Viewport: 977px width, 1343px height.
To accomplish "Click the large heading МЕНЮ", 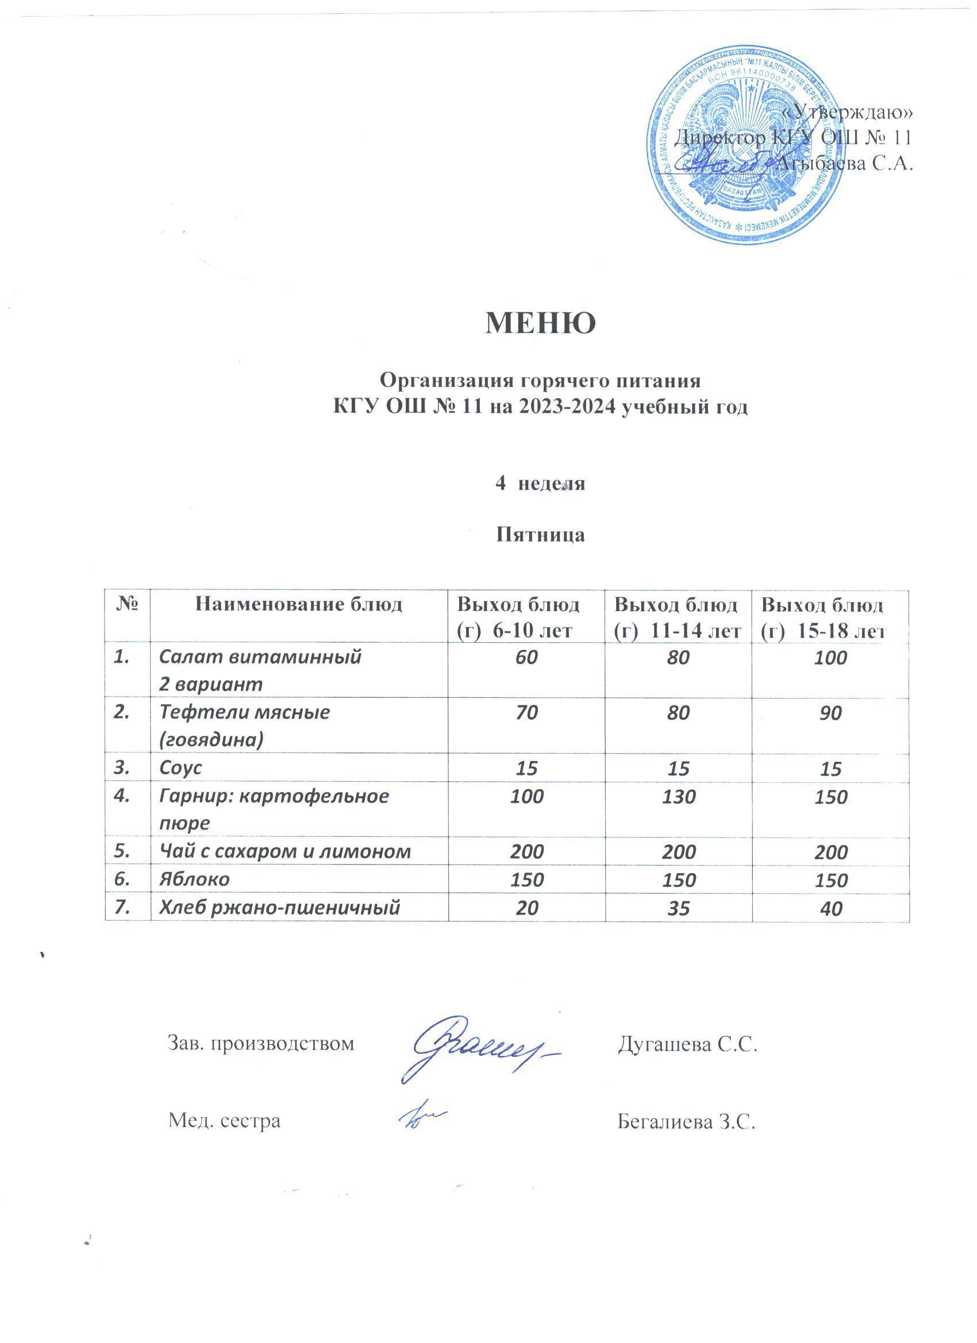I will pos(540,323).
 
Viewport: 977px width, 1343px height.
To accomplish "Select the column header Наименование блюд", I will pos(299,605).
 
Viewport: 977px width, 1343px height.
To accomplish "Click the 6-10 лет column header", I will pos(526,618).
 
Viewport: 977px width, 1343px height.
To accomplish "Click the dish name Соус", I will pos(180,768).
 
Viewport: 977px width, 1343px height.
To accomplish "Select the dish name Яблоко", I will pos(195,879).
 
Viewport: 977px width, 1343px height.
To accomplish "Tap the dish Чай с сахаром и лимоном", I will pos(285,851).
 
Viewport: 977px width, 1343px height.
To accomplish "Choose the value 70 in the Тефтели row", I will pos(526,712).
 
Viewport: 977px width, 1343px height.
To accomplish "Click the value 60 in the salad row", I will pos(526,657).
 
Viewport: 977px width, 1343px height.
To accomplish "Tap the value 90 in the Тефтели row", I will pos(830,713).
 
